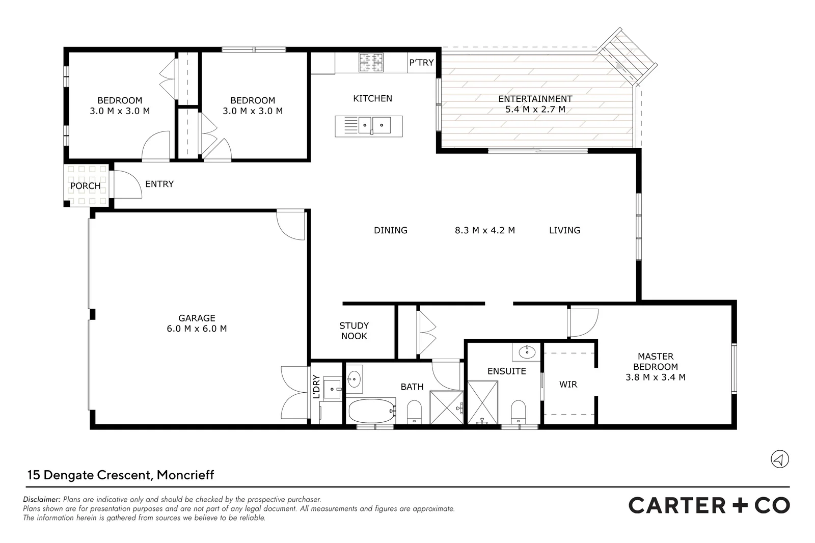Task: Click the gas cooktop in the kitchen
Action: tap(371, 62)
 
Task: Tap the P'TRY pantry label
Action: tap(421, 63)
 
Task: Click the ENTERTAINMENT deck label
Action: tap(535, 99)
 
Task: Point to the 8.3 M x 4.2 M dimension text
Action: tap(484, 230)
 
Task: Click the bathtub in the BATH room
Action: tap(371, 411)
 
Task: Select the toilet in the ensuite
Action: tap(518, 412)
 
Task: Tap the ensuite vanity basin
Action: tap(527, 352)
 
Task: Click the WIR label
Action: tap(568, 384)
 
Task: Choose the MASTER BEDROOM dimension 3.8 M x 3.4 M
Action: tap(655, 377)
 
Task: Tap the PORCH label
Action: tap(86, 186)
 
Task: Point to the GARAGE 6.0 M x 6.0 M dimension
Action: tap(197, 329)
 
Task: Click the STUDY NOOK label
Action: tap(354, 331)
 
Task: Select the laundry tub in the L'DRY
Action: tap(333, 388)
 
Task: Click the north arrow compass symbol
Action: tap(780, 459)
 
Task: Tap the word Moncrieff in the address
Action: tap(185, 475)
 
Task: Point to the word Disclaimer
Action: tap(41, 499)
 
